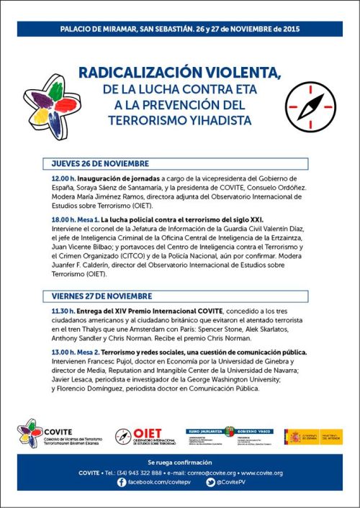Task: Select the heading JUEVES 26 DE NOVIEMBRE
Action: [x=100, y=163]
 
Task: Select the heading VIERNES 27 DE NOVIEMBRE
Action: [x=102, y=296]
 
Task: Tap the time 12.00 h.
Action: [x=63, y=178]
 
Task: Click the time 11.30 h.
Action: [x=63, y=310]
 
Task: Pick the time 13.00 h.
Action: [x=63, y=351]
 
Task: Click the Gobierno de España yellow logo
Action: [x=313, y=437]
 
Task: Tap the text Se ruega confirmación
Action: [x=180, y=461]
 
